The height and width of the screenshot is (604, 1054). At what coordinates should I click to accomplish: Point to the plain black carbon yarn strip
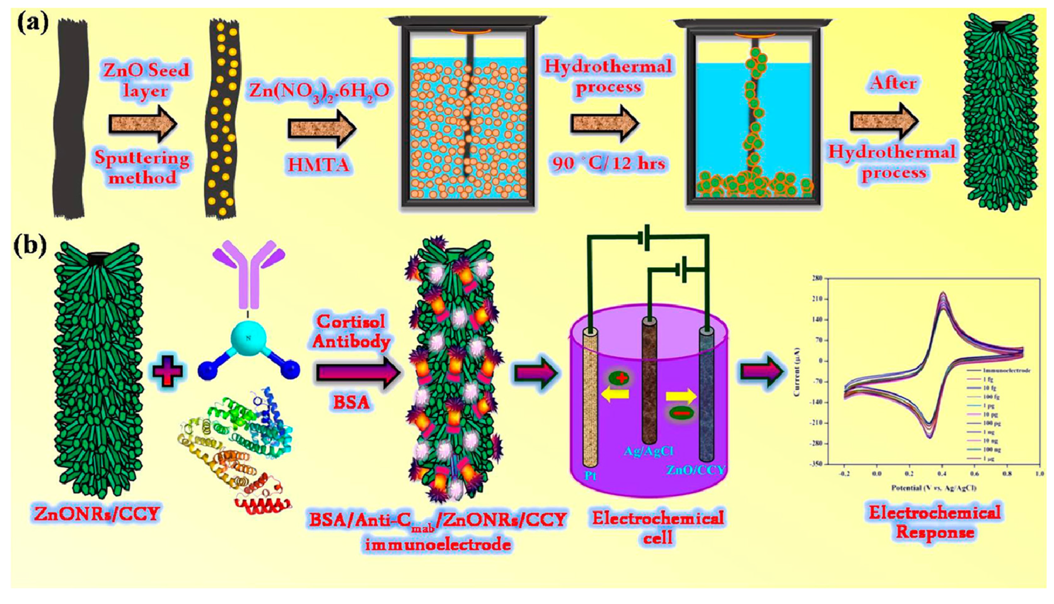point(71,115)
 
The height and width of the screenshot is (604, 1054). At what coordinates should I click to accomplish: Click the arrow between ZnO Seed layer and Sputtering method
point(142,124)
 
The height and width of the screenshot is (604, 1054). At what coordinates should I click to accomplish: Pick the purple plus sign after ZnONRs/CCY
point(169,371)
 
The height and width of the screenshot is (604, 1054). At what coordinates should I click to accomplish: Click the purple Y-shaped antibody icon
point(249,273)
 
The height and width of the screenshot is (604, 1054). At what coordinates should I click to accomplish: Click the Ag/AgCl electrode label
point(648,451)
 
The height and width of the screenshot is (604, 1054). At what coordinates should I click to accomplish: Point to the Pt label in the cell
point(590,475)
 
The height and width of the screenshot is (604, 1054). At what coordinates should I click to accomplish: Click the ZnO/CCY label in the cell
point(695,470)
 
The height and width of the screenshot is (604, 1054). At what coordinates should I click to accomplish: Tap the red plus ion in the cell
point(621,378)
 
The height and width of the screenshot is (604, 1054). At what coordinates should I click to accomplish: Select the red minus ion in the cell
point(681,412)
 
